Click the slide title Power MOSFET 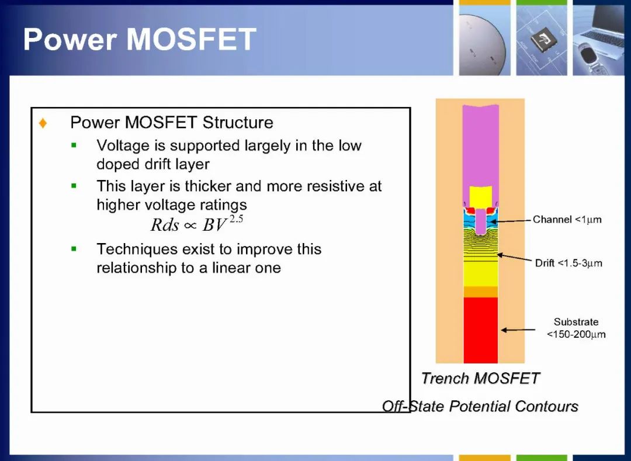(140, 39)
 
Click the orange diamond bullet (43, 123)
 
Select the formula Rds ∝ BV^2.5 (197, 224)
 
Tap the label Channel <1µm (567, 220)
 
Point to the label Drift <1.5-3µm (568, 263)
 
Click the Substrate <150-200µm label (576, 328)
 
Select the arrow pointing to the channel (511, 221)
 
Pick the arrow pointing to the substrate (518, 330)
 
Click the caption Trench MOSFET (480, 378)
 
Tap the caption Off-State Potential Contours (480, 406)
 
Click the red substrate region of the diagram (480, 330)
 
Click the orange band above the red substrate (480, 292)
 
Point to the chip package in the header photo (542, 39)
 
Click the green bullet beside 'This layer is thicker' (74, 186)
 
